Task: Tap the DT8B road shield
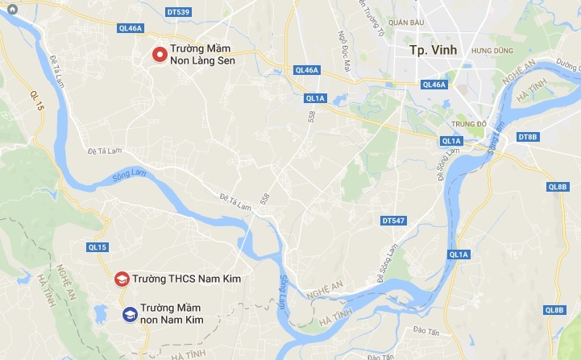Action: pyautogui.click(x=528, y=137)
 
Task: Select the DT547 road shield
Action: pyautogui.click(x=392, y=220)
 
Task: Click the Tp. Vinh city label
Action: pyautogui.click(x=433, y=50)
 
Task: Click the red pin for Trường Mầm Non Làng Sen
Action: pyautogui.click(x=160, y=55)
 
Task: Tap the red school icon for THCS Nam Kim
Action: pyautogui.click(x=122, y=279)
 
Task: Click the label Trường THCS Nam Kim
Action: pyautogui.click(x=188, y=279)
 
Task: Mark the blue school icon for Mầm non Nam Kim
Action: pyautogui.click(x=129, y=314)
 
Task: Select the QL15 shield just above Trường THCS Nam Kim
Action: pyautogui.click(x=97, y=247)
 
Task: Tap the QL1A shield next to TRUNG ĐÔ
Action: pyautogui.click(x=451, y=142)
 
